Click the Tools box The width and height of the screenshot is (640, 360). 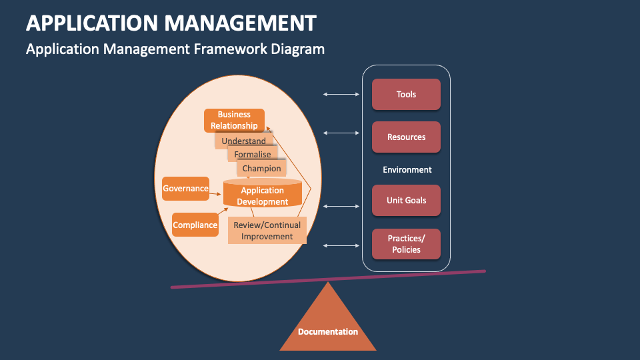click(x=406, y=94)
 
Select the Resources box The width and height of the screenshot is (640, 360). click(x=406, y=137)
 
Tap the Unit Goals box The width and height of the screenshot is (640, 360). click(x=406, y=200)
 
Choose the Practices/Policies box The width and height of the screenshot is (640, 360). click(x=406, y=244)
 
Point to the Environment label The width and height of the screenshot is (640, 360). click(x=407, y=169)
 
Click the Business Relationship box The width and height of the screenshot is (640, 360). click(x=234, y=120)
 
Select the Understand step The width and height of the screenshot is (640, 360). click(x=243, y=141)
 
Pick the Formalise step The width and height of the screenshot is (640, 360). click(x=253, y=155)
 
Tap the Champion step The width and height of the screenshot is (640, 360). click(x=261, y=169)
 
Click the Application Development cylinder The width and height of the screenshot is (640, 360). click(x=263, y=195)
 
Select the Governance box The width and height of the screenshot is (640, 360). click(x=185, y=189)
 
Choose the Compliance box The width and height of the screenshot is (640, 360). click(x=195, y=225)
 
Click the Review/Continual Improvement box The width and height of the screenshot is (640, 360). click(x=267, y=231)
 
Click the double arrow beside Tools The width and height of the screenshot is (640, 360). click(x=341, y=95)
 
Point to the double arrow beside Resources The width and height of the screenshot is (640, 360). click(x=341, y=133)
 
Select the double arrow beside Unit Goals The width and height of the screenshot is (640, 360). click(x=341, y=206)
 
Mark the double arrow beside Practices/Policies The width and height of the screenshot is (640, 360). click(x=341, y=246)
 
